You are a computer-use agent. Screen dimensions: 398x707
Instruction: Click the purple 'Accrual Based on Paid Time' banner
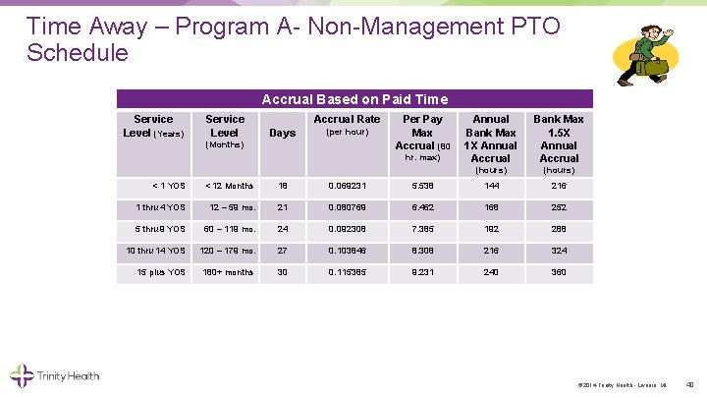354,98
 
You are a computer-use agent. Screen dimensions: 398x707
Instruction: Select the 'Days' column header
282,133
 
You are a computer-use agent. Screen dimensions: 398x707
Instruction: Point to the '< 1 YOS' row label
168,186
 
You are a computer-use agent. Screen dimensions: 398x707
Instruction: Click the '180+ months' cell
228,272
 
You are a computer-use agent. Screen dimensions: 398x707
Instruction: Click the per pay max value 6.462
422,207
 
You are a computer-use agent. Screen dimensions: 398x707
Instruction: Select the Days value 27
283,251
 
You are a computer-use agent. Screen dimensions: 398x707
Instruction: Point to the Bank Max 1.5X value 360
559,272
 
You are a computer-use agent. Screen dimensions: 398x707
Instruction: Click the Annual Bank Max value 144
491,186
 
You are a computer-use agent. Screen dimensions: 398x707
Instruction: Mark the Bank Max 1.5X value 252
559,207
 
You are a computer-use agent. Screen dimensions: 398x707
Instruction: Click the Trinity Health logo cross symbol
22,374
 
